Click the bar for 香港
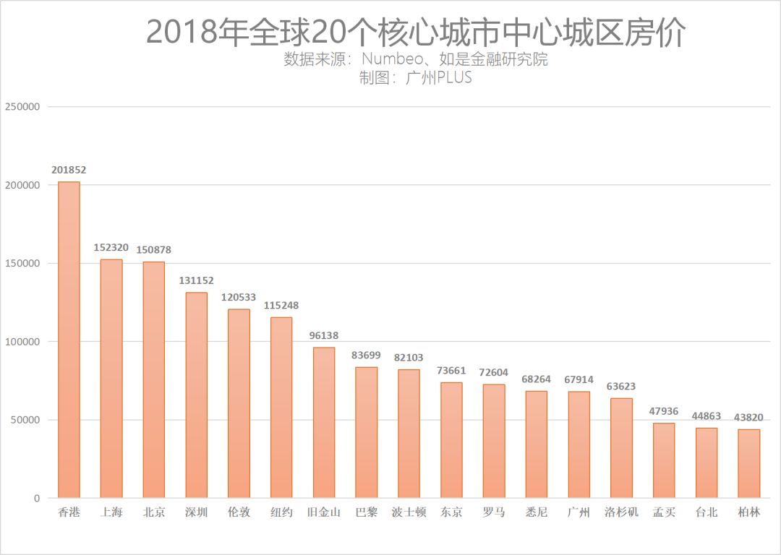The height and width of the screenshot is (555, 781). coord(69,340)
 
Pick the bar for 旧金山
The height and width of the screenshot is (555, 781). coord(324,423)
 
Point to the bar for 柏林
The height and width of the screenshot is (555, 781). coord(749,463)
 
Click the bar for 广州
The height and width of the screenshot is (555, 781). coord(579,444)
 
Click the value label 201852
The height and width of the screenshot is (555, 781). coord(69,170)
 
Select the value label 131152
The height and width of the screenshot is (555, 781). coord(196,280)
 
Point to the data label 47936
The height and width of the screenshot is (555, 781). coord(664,411)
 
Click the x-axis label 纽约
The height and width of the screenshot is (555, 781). coord(281,512)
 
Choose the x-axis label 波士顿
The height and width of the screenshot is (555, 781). coord(409,512)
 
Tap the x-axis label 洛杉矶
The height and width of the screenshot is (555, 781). coord(621,512)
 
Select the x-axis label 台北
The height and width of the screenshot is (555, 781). coord(707,512)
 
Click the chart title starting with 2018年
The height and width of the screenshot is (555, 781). coord(416,32)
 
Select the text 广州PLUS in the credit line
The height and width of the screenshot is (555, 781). coord(438,77)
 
